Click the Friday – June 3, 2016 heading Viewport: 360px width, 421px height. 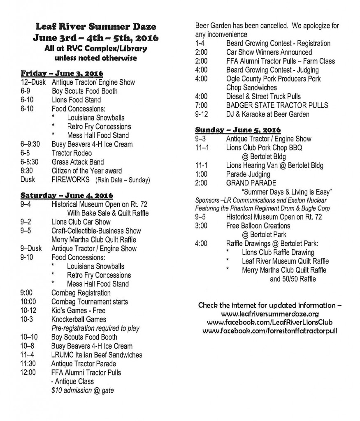click(62, 74)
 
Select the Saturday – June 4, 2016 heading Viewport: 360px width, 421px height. click(67, 195)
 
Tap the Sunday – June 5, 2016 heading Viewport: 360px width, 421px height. click(238, 130)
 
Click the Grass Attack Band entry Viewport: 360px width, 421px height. click(77, 162)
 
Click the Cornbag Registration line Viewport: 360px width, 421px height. click(81, 293)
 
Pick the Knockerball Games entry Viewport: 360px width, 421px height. click(79, 319)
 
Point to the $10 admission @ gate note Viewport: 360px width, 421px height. click(82, 390)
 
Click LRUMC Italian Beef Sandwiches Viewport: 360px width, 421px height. click(96, 355)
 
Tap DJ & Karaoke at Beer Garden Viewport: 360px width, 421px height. click(267, 114)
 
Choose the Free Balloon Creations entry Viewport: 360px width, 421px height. click(258, 226)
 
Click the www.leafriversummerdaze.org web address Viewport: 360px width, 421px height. click(270, 314)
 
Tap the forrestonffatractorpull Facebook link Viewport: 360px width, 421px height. click(270, 330)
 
